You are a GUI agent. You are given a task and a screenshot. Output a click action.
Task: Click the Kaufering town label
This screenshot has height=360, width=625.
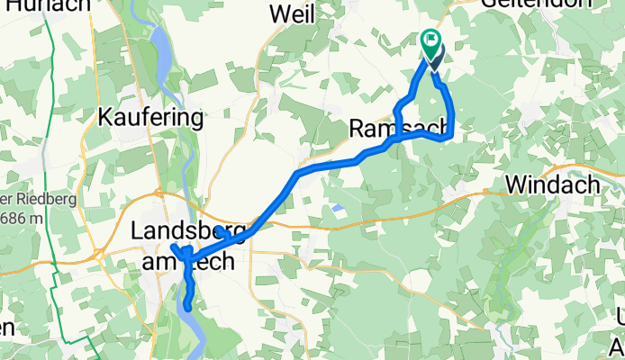(151, 118)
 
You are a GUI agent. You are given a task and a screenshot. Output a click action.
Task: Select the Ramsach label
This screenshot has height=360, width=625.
(396, 130)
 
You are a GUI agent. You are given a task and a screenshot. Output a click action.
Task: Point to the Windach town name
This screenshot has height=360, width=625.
(552, 184)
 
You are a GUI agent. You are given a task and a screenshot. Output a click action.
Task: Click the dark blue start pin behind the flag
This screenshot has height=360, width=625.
(437, 58)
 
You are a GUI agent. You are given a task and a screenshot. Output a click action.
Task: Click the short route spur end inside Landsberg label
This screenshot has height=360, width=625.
(220, 230)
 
